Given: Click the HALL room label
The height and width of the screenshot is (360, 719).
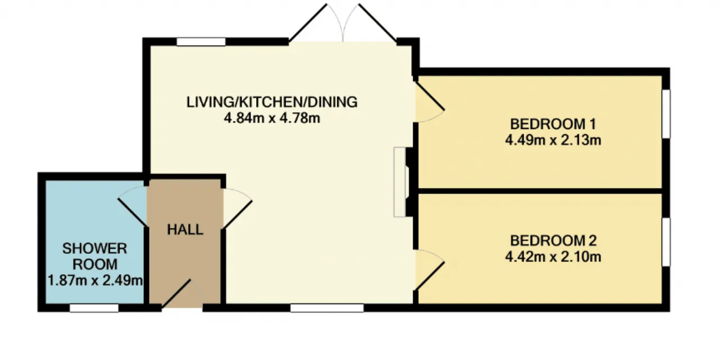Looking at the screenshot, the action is (185, 230).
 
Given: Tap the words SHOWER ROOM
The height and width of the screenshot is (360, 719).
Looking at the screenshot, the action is (95, 256).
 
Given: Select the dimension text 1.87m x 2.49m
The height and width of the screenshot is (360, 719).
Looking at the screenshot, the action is (95, 280).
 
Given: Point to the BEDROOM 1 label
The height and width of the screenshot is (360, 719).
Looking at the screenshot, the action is (553, 124).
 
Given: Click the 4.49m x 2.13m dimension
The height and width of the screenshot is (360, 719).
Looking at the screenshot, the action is (553, 140).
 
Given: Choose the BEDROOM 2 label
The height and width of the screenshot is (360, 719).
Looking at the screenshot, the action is (553, 240).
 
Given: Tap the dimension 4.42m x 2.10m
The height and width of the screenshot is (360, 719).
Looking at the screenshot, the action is (553, 257).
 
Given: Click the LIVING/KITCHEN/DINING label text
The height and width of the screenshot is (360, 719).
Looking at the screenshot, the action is (272, 102).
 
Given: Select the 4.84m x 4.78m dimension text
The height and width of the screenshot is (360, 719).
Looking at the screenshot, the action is (272, 118).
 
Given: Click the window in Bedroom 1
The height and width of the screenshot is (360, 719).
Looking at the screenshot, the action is (666, 114).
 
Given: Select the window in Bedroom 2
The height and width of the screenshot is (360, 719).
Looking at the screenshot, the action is (666, 242).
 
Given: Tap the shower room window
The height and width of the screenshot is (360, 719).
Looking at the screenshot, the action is (94, 308).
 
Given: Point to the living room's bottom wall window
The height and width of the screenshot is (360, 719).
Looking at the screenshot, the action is (327, 308).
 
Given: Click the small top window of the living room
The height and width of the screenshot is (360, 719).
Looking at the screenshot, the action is (201, 42).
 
